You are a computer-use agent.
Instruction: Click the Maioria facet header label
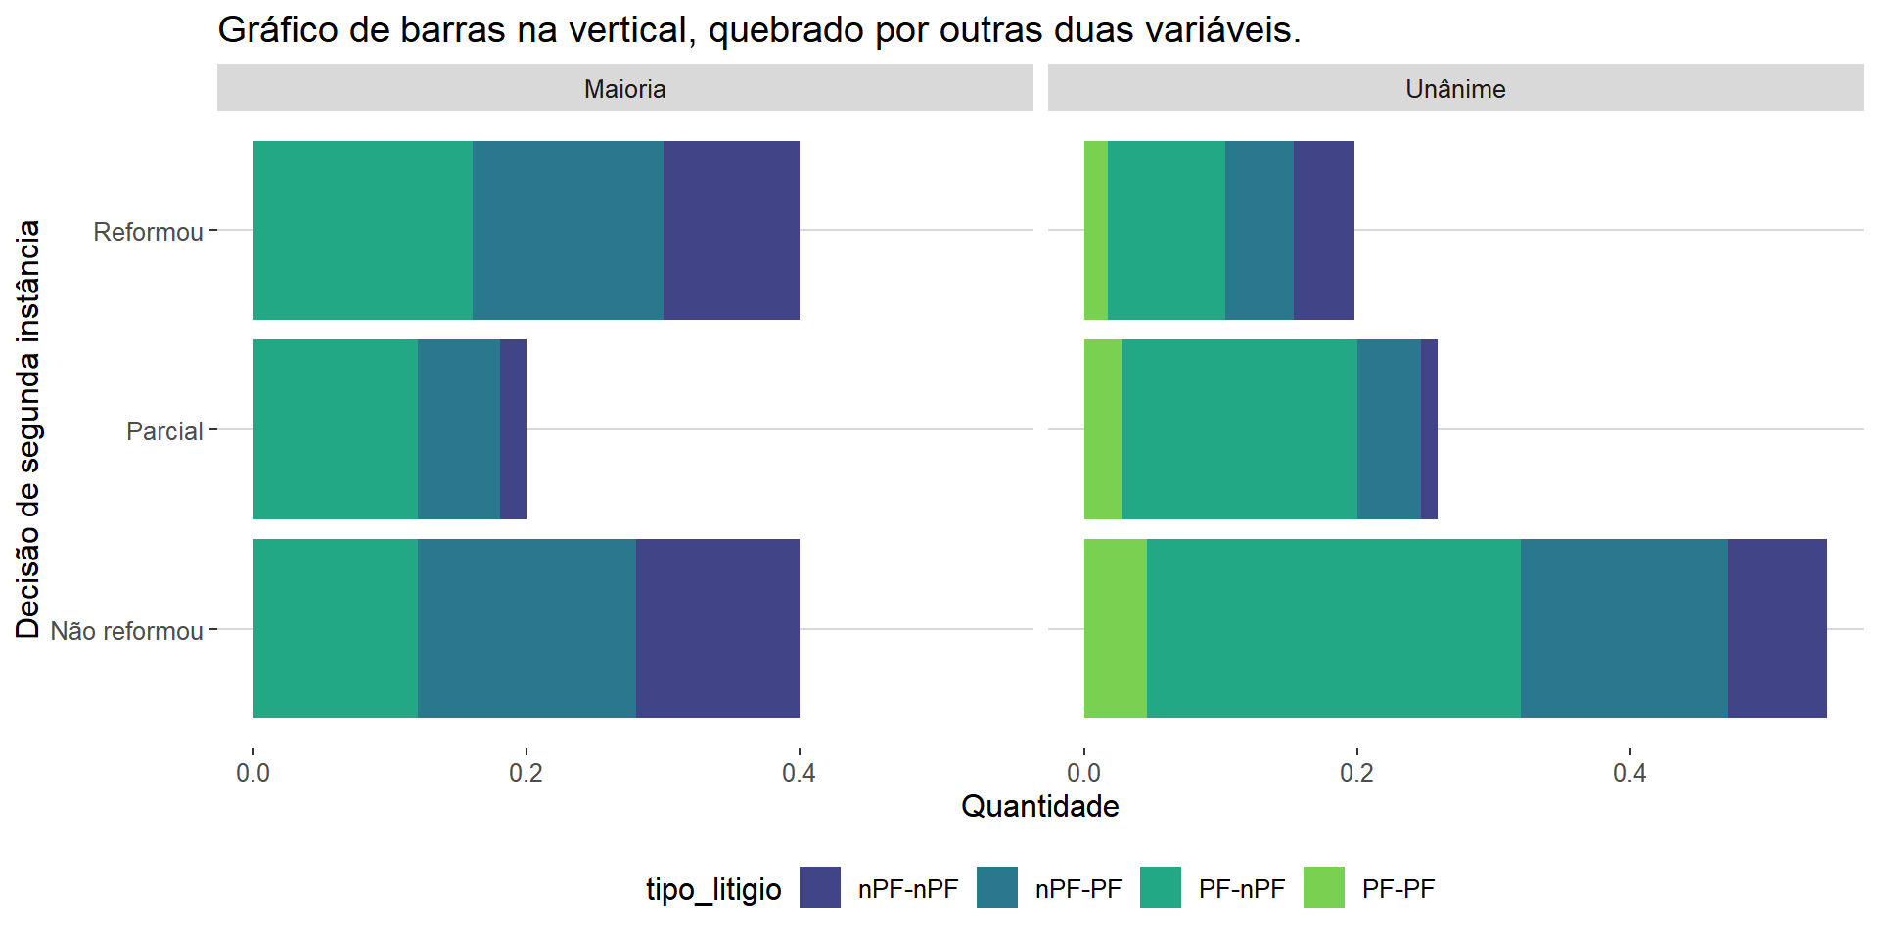coord(624,89)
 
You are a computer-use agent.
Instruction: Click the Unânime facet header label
coord(1455,89)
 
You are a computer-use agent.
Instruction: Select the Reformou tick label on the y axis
coord(148,232)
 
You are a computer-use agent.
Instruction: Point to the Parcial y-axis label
coord(164,431)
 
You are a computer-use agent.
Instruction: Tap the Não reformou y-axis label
coord(127,631)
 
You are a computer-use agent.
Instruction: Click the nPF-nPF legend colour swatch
coord(819,887)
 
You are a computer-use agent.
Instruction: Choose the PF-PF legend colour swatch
coord(1323,887)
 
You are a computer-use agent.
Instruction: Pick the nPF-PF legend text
coord(1077,889)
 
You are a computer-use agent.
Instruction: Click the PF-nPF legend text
coord(1241,889)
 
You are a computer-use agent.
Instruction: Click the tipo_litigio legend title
coord(713,889)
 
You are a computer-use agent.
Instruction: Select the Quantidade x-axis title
coord(1039,806)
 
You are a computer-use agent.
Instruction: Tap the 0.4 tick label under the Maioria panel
coord(799,773)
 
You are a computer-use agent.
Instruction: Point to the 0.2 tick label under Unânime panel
coord(1356,773)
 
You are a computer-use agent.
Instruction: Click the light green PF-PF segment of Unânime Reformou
coord(1096,230)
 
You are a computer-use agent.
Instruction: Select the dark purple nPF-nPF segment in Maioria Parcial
coord(513,429)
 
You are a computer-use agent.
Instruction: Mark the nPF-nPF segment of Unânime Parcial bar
coord(1429,429)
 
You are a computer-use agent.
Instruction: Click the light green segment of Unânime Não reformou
coord(1116,628)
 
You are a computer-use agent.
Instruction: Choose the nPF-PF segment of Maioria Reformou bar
coord(568,230)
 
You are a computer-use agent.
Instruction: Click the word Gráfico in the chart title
coord(278,30)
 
